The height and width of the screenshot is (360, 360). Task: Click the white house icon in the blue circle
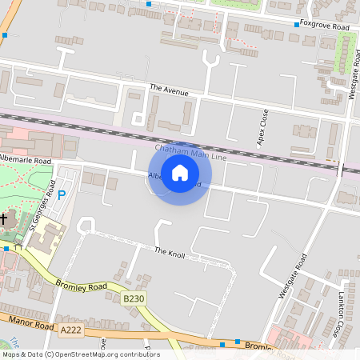[x=180, y=173]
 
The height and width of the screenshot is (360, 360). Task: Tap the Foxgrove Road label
[x=326, y=26]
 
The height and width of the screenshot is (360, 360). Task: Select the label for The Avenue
[x=169, y=92]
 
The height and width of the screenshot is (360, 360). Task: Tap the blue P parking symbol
[x=62, y=194]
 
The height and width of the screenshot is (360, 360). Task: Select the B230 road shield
[x=134, y=298]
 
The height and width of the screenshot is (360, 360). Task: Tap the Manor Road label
[x=30, y=322]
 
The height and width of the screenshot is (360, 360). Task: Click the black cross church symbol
[x=3, y=218]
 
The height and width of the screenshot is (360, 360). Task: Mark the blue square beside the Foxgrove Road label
[x=297, y=25]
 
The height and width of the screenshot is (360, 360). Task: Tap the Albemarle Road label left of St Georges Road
[x=26, y=161]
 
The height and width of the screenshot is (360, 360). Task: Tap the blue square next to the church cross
[x=6, y=249]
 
